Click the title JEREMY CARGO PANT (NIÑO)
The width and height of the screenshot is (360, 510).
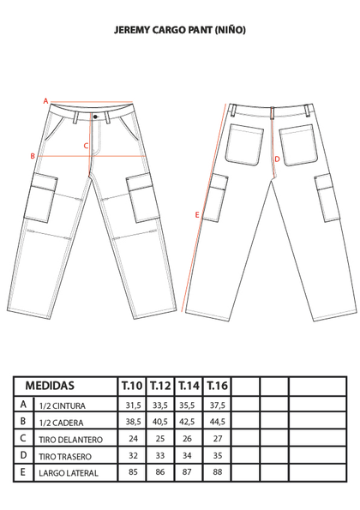coord(180,30)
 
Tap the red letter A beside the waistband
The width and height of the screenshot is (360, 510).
coord(45,101)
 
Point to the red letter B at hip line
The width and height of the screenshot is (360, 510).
coord(33,156)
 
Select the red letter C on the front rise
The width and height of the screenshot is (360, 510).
coord(86,146)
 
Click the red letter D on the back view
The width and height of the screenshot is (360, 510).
coord(277,159)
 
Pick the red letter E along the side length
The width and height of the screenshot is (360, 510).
coord(197,215)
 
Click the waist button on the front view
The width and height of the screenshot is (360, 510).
coord(95,117)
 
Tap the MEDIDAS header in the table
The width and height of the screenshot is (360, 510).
coord(50,386)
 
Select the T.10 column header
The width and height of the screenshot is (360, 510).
coord(132,386)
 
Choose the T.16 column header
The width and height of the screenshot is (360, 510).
coord(217,386)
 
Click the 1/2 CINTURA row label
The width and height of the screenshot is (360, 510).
coord(62,405)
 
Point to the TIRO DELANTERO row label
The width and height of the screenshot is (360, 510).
coord(70,440)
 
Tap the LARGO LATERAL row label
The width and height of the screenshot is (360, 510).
coord(69,473)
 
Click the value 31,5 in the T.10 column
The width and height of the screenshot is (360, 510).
coord(134,405)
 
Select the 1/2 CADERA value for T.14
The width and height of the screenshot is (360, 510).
coord(187,422)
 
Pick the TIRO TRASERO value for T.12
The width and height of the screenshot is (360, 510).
coord(160,455)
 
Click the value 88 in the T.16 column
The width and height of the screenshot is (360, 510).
coord(217,471)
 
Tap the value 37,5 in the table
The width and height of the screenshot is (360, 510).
coord(217,405)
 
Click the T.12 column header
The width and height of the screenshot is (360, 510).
coord(160,386)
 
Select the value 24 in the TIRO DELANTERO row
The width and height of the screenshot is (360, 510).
coord(134,439)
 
